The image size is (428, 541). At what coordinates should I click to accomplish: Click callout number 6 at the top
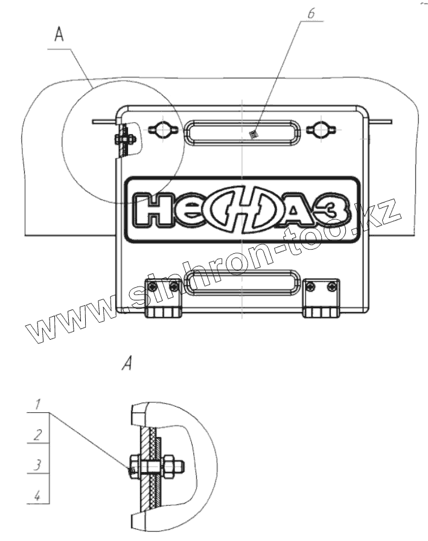pyautogui.click(x=311, y=14)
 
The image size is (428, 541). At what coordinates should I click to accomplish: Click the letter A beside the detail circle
pyautogui.click(x=59, y=34)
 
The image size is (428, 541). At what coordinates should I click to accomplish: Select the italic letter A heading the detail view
pyautogui.click(x=127, y=364)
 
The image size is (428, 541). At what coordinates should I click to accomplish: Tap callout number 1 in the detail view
pyautogui.click(x=38, y=404)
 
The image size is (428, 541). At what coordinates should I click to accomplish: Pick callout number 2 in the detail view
pyautogui.click(x=38, y=435)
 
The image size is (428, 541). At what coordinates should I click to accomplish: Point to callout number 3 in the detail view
pyautogui.click(x=38, y=465)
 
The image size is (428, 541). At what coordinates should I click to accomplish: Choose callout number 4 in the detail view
pyautogui.click(x=37, y=496)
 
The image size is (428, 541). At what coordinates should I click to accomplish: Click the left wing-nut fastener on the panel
pyautogui.click(x=163, y=129)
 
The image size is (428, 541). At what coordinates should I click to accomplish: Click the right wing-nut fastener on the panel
pyautogui.click(x=321, y=129)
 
